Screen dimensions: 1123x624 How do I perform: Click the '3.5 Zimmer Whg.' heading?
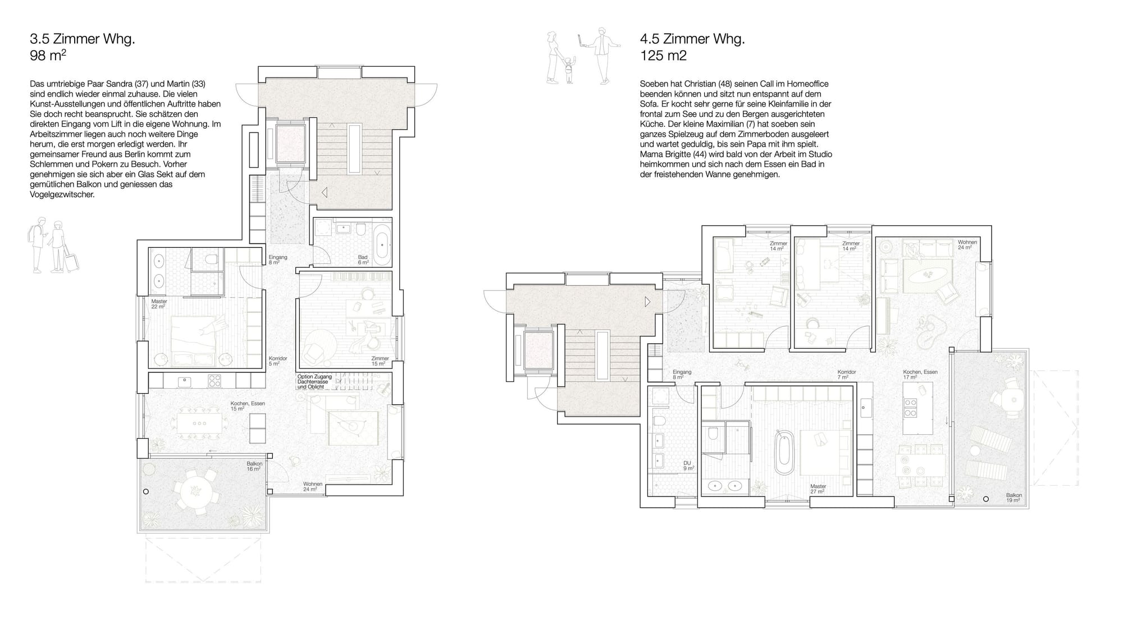coord(83,39)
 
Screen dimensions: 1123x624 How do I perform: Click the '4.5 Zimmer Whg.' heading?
coord(692,39)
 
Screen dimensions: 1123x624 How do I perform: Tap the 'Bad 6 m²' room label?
coord(363,260)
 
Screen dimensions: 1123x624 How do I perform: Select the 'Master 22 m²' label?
coord(159,304)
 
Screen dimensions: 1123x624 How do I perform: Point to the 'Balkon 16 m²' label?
coord(254,466)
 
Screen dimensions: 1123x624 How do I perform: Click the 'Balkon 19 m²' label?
coord(1014,498)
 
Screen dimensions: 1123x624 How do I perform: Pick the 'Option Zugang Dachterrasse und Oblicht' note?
coord(314,382)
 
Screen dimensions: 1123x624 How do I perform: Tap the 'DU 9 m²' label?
coord(688,466)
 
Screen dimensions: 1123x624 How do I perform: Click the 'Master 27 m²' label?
coord(818,489)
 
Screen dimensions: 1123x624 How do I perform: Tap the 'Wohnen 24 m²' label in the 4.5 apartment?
coord(967,245)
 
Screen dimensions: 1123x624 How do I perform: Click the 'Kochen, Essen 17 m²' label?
coord(920,375)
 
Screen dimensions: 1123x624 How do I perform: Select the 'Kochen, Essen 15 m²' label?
coord(248,406)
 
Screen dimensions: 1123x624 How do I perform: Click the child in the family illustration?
coord(569,70)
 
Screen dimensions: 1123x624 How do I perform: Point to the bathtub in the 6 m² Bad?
coord(382,245)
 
